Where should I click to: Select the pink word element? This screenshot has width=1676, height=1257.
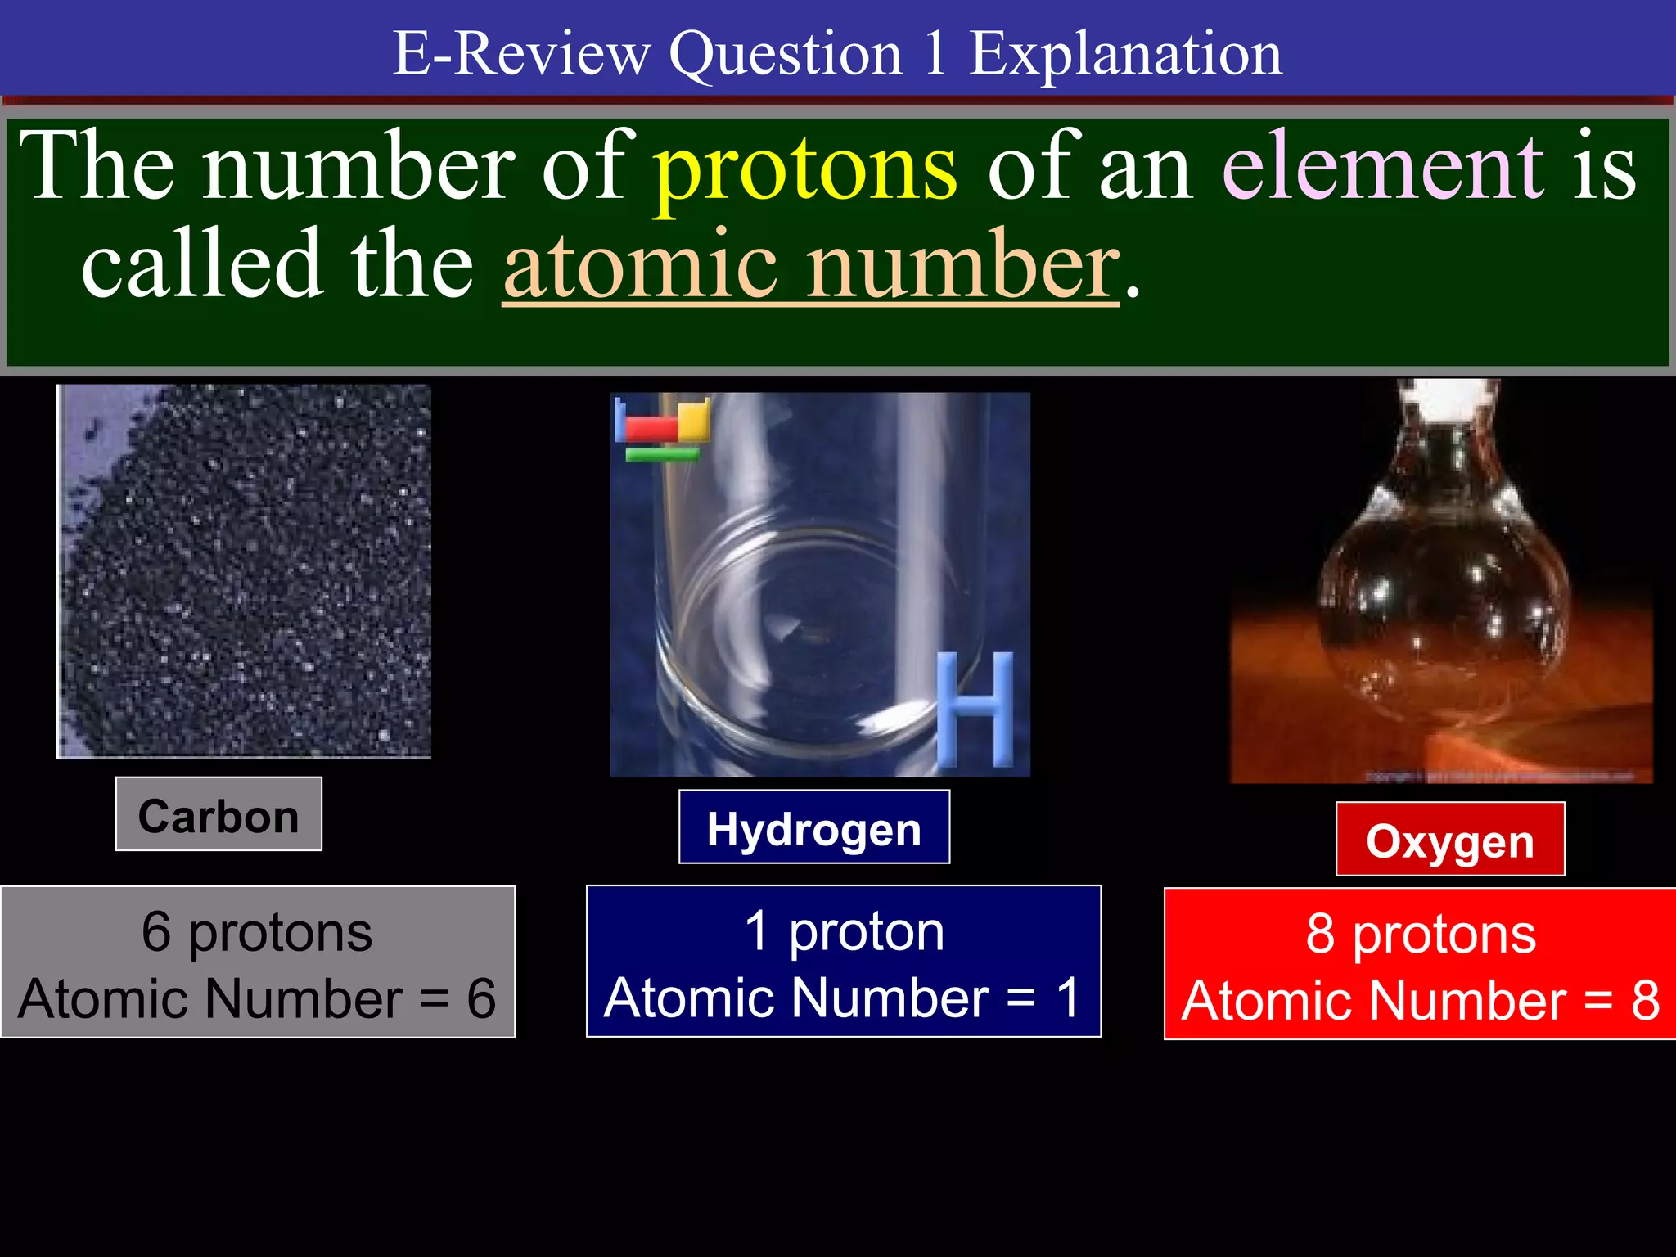[x=1383, y=168]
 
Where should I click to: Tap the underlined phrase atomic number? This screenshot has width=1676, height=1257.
[x=810, y=266]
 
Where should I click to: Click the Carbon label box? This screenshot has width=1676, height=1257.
[x=219, y=815]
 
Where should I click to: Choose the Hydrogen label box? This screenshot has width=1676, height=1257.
[x=814, y=827]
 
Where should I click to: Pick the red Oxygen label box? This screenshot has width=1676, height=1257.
[x=1450, y=840]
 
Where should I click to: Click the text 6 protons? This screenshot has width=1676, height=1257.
[x=257, y=932]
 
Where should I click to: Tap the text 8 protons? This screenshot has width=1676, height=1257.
[x=1421, y=934]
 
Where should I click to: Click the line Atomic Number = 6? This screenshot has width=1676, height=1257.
[x=257, y=998]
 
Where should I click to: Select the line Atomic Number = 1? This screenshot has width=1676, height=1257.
[x=844, y=998]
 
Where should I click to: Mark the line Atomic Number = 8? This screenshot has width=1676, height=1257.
[x=1421, y=1000]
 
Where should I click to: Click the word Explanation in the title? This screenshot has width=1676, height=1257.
[x=1125, y=54]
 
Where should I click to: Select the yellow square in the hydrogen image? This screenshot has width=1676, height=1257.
[x=693, y=421]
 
